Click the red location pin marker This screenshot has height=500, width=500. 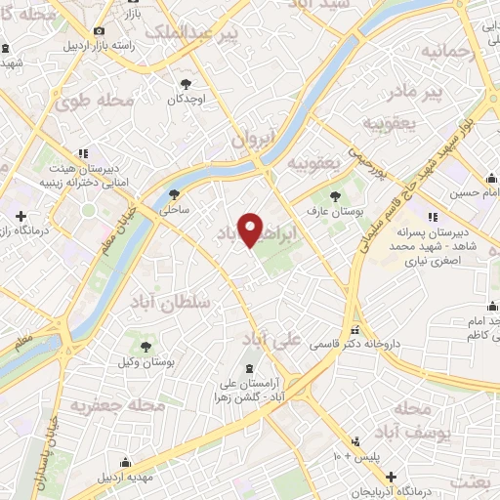point(251,230)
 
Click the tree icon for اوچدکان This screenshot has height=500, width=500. point(187,84)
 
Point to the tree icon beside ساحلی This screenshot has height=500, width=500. point(174,194)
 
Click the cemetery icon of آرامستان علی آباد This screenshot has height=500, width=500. point(249,367)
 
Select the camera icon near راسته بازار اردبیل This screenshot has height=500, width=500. point(99,31)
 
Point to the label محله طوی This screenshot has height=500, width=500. point(94,101)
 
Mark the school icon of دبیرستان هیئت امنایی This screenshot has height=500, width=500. point(83,152)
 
